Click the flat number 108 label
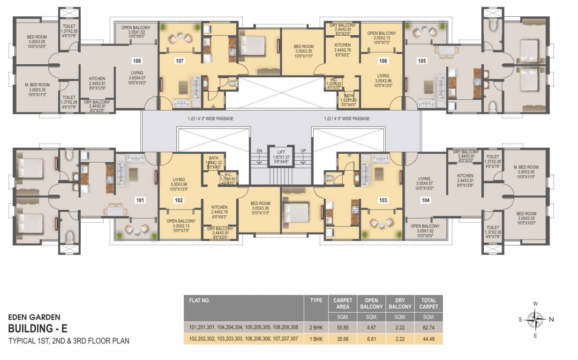[136, 61]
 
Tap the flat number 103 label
[383, 200]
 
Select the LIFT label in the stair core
[281, 152]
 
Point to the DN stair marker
[259, 150]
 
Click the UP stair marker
[303, 150]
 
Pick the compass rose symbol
[535, 320]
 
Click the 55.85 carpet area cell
[342, 327]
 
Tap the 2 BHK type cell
[316, 327]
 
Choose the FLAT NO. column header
[200, 300]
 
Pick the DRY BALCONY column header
[399, 303]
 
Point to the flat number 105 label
[422, 60]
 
